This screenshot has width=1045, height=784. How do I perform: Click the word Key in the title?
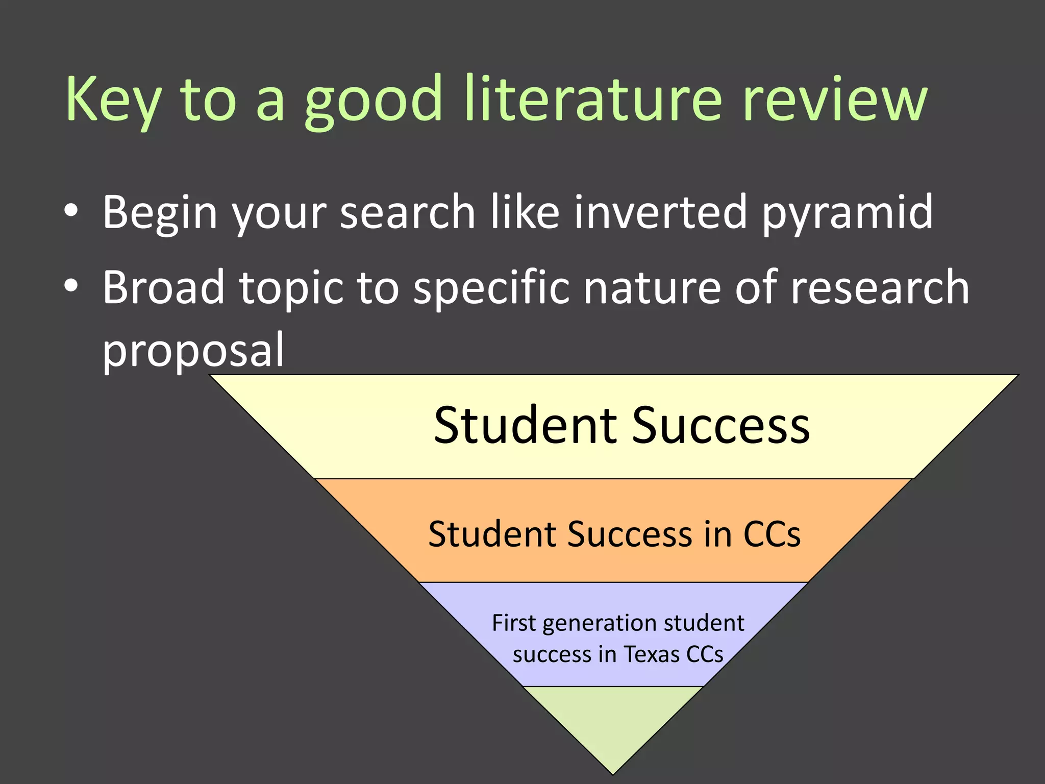pos(113,100)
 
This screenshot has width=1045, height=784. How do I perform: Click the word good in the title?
pos(373,100)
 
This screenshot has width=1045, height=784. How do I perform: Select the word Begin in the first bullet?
pos(160,213)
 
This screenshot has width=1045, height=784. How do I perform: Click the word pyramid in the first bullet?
pos(847,213)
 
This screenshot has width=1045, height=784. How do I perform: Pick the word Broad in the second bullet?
pos(163,287)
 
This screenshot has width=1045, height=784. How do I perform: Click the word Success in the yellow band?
pos(720,425)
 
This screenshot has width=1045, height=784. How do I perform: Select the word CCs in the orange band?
pos(772,534)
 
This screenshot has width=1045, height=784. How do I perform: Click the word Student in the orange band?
pos(492,534)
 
